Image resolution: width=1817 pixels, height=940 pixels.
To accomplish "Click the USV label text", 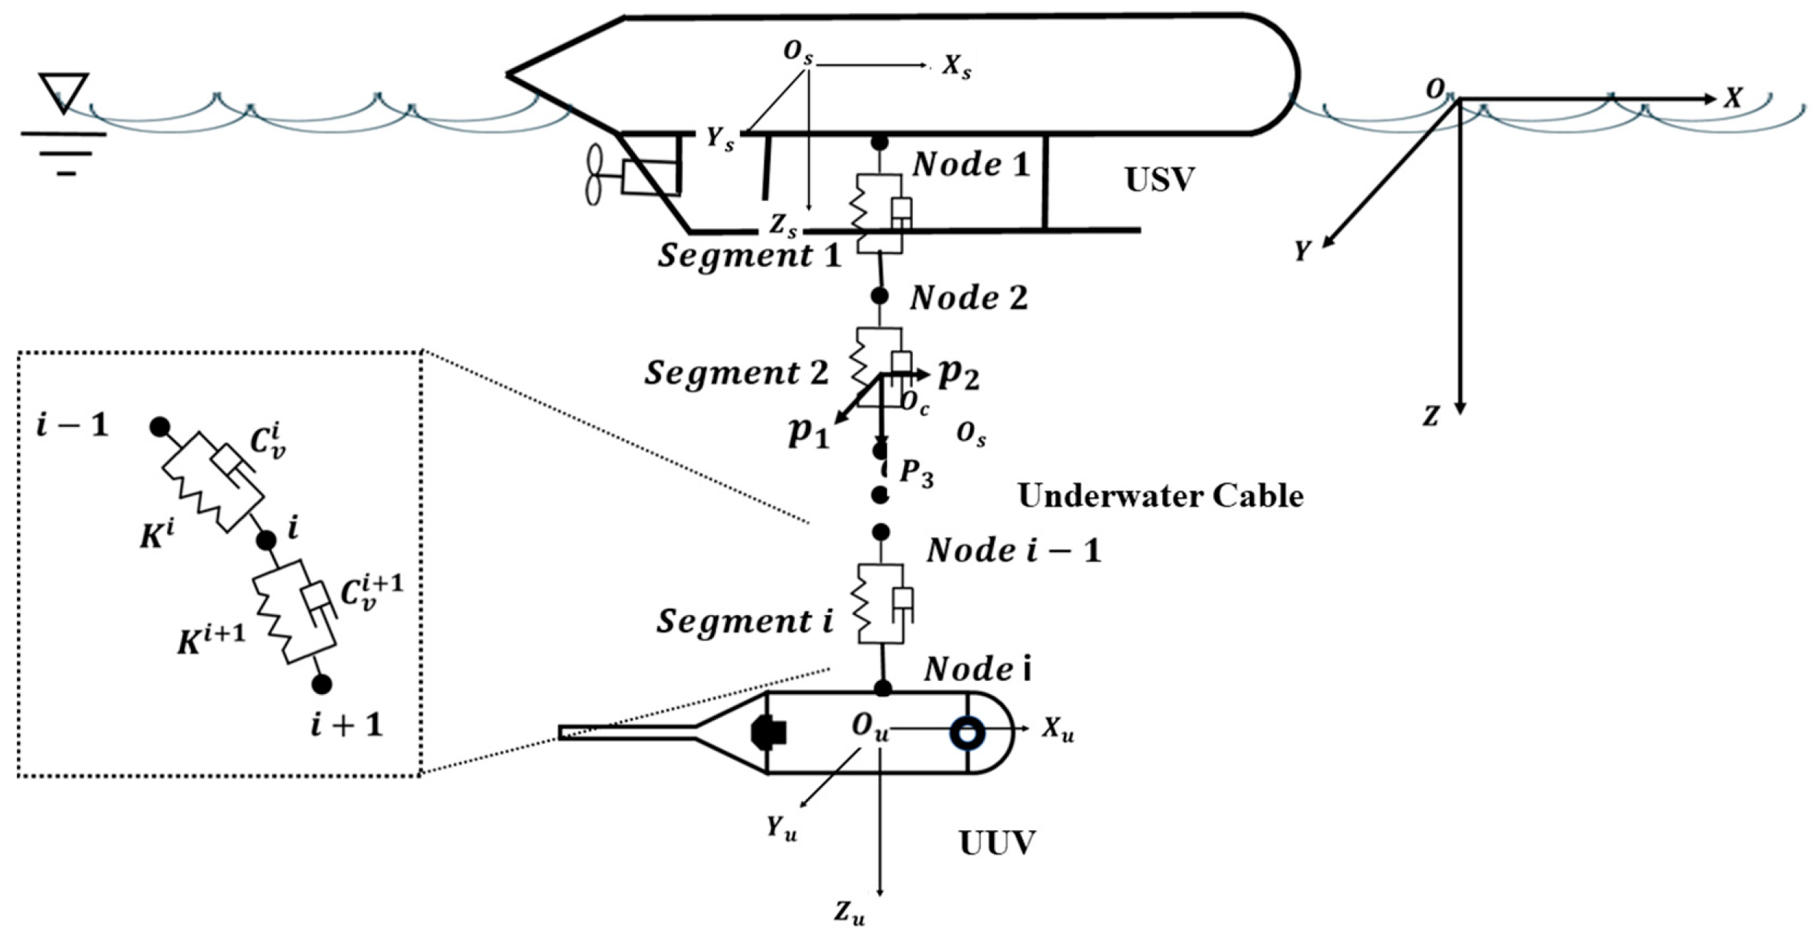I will click(x=1159, y=179).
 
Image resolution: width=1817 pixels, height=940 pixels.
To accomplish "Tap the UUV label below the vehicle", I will click(x=997, y=843).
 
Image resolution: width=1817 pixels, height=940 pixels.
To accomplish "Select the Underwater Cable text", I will click(x=1160, y=496).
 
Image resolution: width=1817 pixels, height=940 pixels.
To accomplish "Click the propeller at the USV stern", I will click(x=594, y=175).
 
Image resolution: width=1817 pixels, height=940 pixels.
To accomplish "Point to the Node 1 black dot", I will click(x=879, y=143).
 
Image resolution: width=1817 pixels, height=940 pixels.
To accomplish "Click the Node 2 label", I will click(x=969, y=298).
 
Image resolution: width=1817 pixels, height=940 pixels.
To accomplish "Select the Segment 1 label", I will click(x=749, y=255).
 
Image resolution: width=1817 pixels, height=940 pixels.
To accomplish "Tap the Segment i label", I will click(x=745, y=621).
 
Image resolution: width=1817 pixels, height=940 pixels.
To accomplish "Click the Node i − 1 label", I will click(x=1013, y=551).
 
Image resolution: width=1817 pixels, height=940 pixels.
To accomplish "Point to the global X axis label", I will click(x=1732, y=98).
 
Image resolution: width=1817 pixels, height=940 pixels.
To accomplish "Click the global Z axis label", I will click(x=1431, y=417).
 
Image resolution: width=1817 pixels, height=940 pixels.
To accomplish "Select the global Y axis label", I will click(x=1302, y=251).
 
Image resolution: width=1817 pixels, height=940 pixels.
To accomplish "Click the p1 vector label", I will click(x=808, y=433).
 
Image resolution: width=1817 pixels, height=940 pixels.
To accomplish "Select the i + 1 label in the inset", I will click(x=346, y=724).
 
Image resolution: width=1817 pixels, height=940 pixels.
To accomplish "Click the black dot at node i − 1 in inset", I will click(x=159, y=427).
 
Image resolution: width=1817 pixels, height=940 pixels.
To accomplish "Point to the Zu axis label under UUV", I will click(x=849, y=913).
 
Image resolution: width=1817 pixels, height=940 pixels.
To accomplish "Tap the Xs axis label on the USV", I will click(x=956, y=67).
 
